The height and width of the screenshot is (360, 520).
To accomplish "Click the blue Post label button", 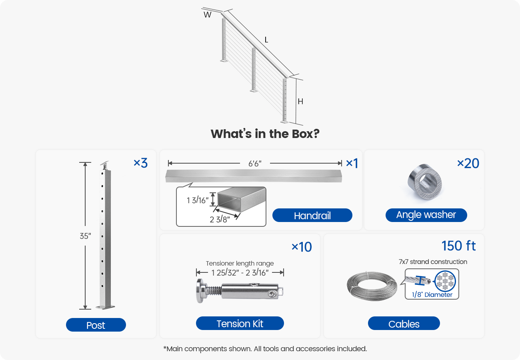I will point(96,325).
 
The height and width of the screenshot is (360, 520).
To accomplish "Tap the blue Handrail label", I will point(312,216).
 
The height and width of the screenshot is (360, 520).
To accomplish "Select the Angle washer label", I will point(426,215).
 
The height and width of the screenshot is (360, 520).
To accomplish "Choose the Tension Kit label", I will point(240,324).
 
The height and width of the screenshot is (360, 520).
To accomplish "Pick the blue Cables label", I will point(404,324).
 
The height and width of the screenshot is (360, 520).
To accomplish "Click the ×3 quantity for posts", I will point(140,163).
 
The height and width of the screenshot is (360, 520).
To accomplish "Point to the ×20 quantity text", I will point(468,163).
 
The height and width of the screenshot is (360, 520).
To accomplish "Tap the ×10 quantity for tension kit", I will point(301,247).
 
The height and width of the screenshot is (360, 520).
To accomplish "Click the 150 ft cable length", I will point(458,246).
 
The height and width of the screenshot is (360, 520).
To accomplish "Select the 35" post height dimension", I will point(85,236).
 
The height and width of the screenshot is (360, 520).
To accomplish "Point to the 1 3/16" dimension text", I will point(198,200).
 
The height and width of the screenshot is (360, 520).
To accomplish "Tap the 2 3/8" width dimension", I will point(220,219).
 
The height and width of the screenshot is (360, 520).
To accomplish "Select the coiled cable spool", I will point(372,286).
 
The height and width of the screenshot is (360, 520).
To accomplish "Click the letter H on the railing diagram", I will point(300,102).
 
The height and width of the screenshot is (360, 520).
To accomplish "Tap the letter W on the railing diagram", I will point(207,15).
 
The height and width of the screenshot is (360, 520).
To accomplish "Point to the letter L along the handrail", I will point(266,40).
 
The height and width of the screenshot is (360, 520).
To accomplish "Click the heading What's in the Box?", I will point(265,134).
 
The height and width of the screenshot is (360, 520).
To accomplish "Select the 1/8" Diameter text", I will point(432,295).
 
